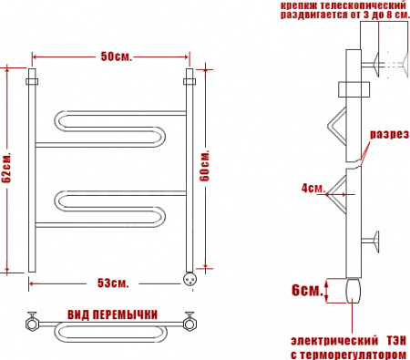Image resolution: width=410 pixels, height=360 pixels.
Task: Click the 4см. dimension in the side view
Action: click(313, 189)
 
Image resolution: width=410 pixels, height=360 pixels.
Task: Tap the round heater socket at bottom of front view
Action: click(190, 279)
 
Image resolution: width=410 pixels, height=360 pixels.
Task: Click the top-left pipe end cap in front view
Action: click(33, 77)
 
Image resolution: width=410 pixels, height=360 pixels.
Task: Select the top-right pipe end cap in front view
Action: click(190, 77)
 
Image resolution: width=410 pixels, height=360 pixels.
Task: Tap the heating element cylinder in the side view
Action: click(355, 291)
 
